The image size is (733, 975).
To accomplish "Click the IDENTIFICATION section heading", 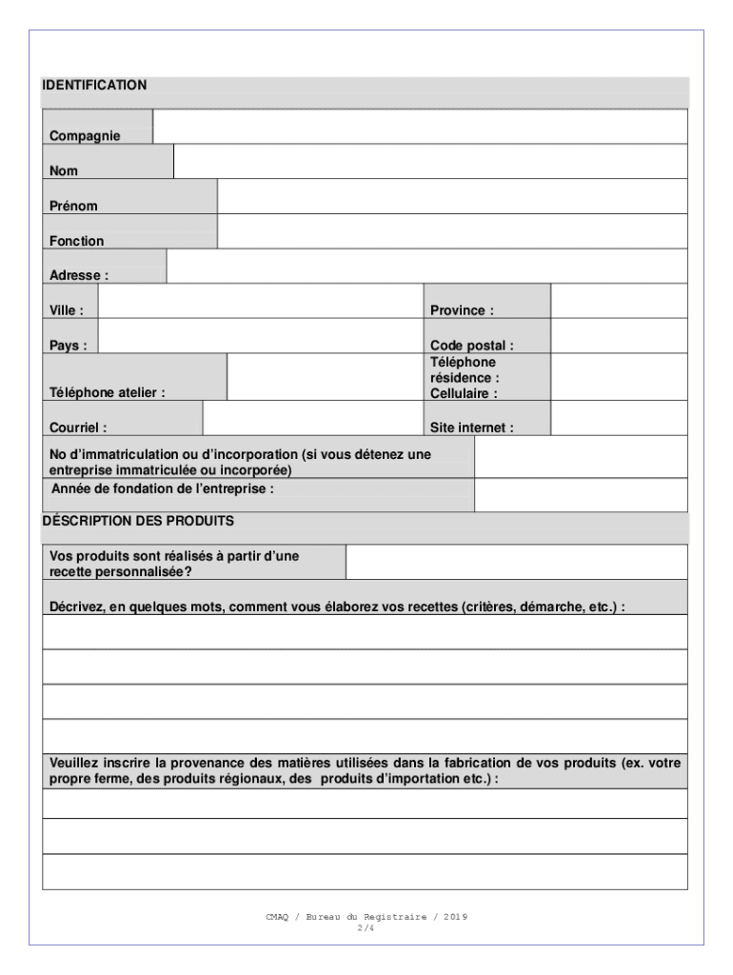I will tap(94, 86).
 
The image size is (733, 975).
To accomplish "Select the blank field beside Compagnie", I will tap(420, 126).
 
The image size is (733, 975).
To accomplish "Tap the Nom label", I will tap(64, 171).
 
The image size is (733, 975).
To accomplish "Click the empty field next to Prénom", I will tap(452, 196).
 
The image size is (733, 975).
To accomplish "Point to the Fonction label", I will tap(77, 242).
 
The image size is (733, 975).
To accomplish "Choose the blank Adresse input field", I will tap(426, 267).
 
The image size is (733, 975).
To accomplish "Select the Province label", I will tap(462, 311).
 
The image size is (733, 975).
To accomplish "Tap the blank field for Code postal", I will tap(619, 336).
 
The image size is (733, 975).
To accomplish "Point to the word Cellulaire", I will tap(464, 393).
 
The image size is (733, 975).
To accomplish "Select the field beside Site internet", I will tap(619, 418).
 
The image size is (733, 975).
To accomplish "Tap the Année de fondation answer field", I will tap(581, 495).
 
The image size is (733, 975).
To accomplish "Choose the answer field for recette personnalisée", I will tap(516, 562).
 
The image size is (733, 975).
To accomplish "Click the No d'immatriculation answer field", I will tap(581, 457).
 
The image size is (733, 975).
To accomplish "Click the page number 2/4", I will tap(366, 927).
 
